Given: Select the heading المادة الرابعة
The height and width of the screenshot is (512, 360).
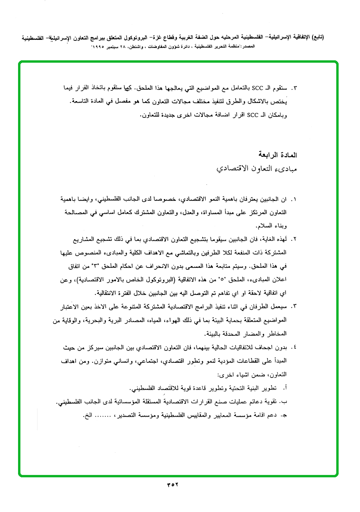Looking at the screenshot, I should click(276, 155).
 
